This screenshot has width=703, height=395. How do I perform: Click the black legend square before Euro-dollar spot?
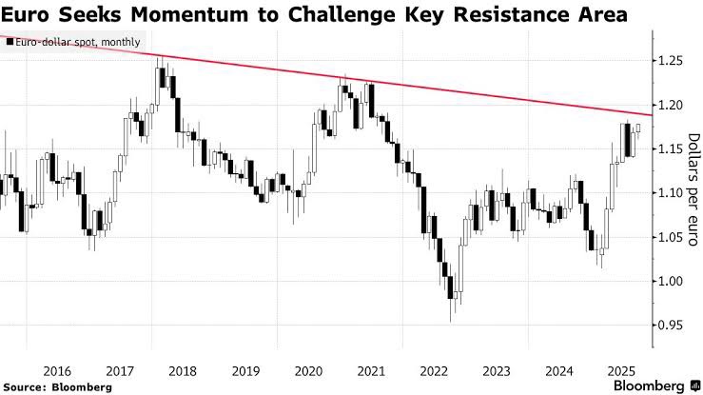(9, 42)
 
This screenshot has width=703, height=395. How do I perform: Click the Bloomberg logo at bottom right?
(646, 385)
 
